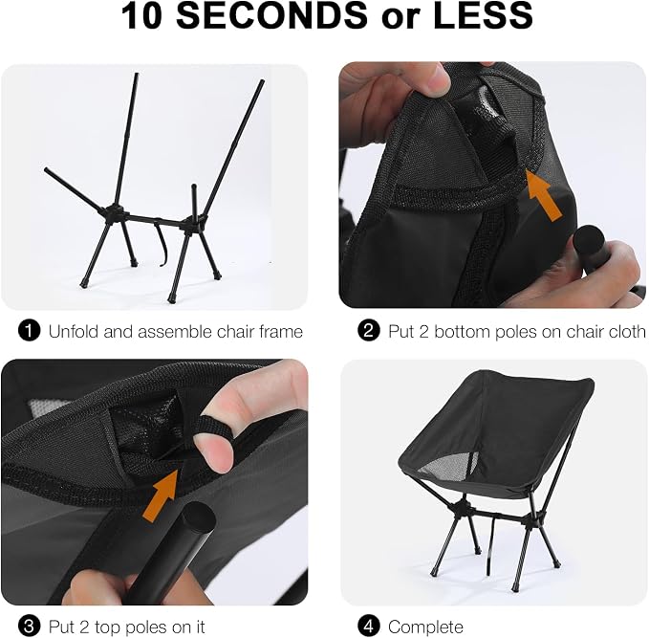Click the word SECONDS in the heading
pos(272,15)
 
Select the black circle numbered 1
pos(29,331)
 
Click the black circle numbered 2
pos(368,331)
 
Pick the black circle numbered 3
pos(29,627)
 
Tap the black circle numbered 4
pos(368,627)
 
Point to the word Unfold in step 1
pos(74,331)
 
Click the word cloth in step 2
pos(624,331)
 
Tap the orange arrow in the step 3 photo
pos(162,495)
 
